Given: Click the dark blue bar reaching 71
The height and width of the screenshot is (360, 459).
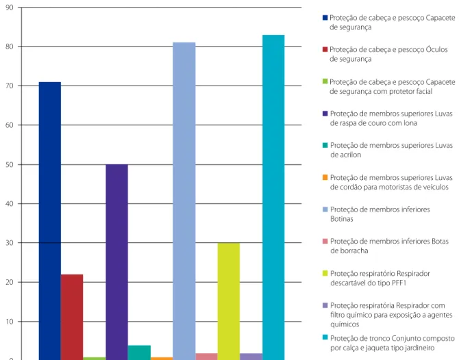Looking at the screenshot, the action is [x=50, y=221].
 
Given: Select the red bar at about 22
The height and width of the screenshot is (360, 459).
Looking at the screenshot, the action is [x=72, y=317].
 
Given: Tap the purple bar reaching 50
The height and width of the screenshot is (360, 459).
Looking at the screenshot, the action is [x=116, y=262].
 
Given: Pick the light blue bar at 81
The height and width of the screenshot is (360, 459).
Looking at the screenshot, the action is [x=184, y=201].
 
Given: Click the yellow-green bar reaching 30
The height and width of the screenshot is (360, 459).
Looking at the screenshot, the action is [x=229, y=301].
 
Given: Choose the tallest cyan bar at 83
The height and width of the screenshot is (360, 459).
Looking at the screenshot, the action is [x=273, y=197].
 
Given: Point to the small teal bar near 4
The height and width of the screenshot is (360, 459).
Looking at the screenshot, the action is [x=139, y=352].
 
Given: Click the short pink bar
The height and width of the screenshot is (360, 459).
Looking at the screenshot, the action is [x=206, y=357].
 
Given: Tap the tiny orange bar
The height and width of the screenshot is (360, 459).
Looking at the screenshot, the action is [x=162, y=359].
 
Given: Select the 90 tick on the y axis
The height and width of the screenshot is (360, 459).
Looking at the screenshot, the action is [x=10, y=8].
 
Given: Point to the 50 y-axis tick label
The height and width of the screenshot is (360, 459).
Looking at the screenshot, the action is [x=10, y=165].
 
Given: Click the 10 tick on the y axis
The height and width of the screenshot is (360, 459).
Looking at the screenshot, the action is [x=10, y=322].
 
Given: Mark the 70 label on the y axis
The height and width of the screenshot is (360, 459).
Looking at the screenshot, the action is [x=10, y=86].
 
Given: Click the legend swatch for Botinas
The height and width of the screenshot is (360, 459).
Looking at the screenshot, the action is [x=325, y=209].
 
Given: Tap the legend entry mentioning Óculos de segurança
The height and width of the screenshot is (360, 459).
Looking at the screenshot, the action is [x=388, y=54].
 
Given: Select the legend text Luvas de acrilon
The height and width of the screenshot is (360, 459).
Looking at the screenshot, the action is [x=391, y=150].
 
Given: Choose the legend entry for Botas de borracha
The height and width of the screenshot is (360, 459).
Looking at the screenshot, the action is [x=389, y=246].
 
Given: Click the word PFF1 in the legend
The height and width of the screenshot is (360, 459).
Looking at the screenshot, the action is [x=399, y=283].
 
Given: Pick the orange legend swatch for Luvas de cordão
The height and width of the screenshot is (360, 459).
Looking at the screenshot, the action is [x=325, y=177].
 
